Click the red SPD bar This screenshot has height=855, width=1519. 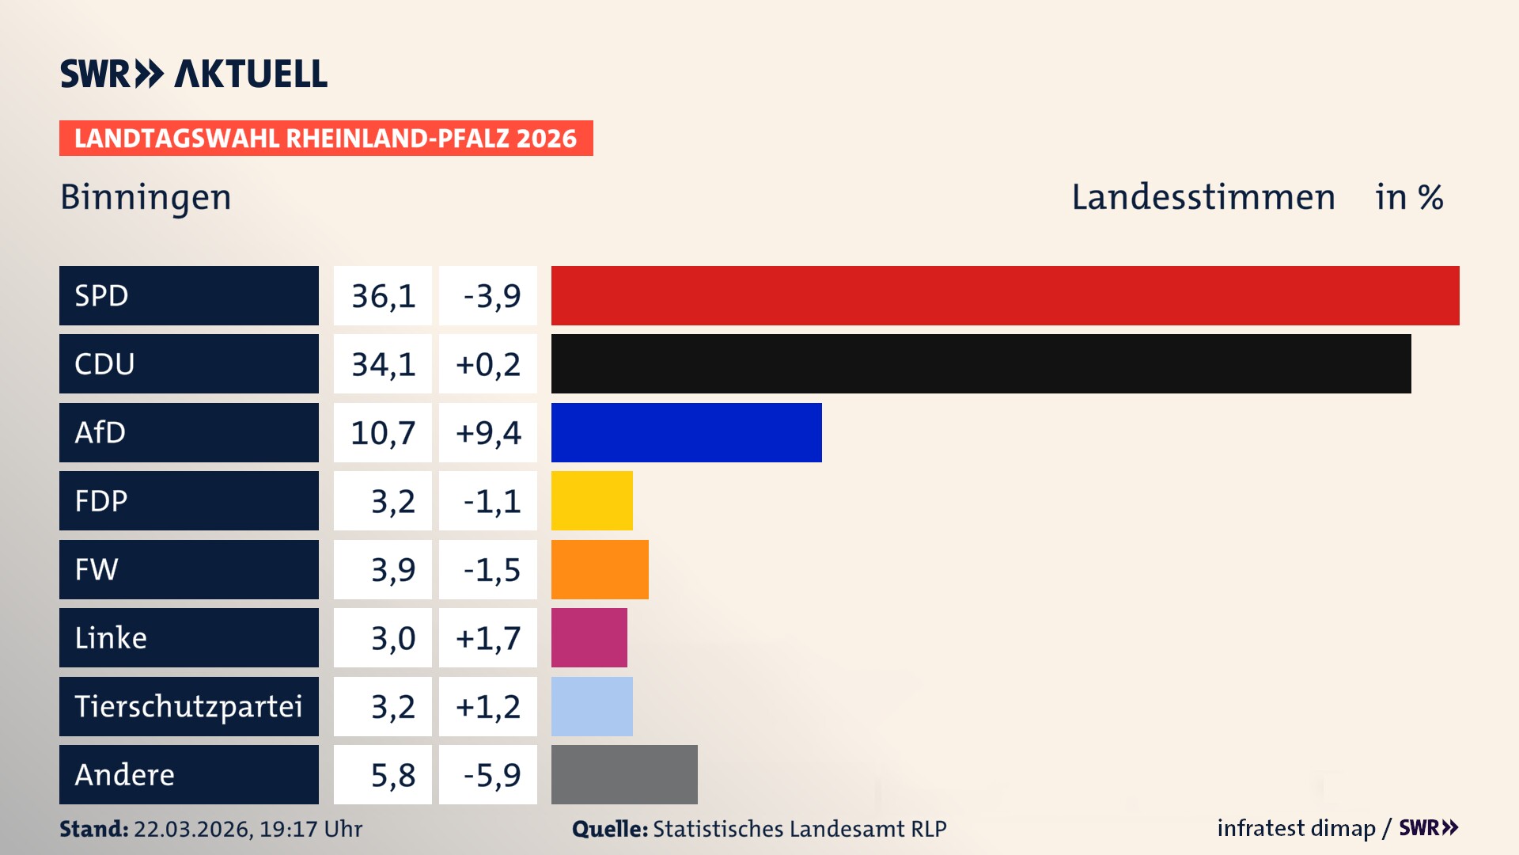click(x=1005, y=295)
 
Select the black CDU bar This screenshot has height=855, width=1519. click(x=981, y=364)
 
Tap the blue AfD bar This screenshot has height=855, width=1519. click(x=686, y=432)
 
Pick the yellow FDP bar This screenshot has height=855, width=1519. click(x=592, y=501)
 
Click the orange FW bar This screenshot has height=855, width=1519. click(x=600, y=569)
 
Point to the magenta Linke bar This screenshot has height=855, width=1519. click(x=589, y=638)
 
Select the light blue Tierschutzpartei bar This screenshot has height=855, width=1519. click(x=592, y=706)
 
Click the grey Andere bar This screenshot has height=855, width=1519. click(x=624, y=774)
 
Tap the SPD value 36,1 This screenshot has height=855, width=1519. click(x=383, y=296)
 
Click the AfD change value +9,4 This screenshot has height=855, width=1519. click(x=488, y=433)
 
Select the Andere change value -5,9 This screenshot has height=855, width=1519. click(x=491, y=775)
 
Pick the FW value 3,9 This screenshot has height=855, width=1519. click(x=392, y=570)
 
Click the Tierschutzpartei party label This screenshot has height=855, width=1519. click(x=188, y=706)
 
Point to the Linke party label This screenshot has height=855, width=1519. click(x=111, y=638)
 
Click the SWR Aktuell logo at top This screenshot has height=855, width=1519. click(x=194, y=74)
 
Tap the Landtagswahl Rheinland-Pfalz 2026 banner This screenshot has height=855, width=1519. click(x=325, y=139)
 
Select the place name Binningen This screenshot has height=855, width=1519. click(x=146, y=197)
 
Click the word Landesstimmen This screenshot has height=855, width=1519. click(x=1203, y=197)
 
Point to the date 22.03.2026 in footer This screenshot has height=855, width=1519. click(x=192, y=829)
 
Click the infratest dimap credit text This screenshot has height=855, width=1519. click(x=1296, y=828)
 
